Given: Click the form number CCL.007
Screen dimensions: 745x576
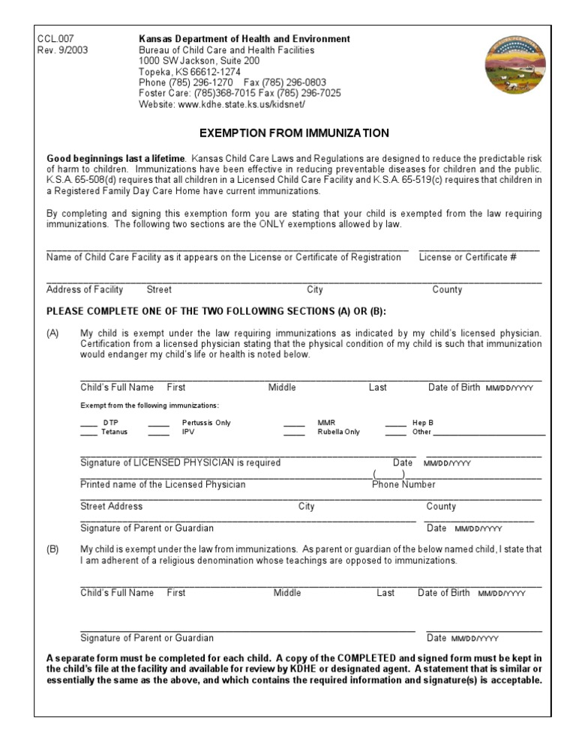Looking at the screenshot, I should pos(55,39).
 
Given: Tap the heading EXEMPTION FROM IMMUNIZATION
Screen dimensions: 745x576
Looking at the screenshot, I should pos(294,133).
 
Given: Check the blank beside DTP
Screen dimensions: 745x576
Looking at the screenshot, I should pos(88,424).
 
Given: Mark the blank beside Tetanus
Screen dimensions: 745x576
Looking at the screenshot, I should pos(88,433).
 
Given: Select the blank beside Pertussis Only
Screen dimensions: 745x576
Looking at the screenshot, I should pos(158,424).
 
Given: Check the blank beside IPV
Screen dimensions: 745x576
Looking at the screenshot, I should pos(158,433).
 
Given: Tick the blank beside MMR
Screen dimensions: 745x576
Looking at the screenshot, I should pos(294,424).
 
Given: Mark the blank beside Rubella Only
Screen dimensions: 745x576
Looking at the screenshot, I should pos(294,433).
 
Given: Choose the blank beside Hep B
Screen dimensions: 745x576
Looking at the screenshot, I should pos(396,424).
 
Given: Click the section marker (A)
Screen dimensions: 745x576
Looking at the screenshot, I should pos(53,334).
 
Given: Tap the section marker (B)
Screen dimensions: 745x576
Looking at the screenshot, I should pos(53,549).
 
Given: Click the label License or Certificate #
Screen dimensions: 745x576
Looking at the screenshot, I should pos(468,258).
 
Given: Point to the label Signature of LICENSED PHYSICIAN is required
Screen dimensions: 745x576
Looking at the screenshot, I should pos(180,463).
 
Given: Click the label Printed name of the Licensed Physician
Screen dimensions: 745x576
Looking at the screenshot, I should pos(163,485).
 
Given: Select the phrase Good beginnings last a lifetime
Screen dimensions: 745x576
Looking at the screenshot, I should pos(115,159).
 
